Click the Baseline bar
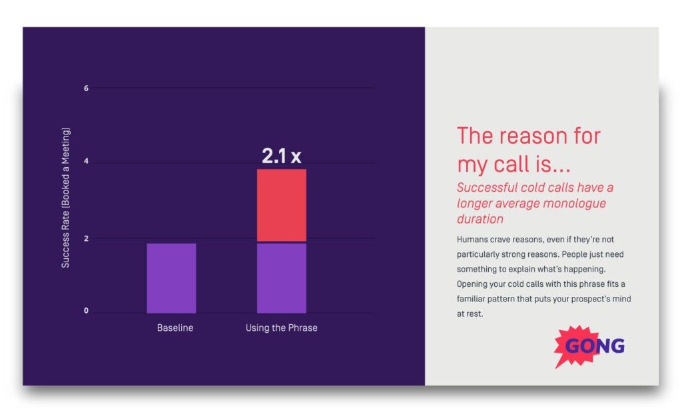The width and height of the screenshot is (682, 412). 171,278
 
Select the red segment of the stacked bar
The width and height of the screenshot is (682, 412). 281,204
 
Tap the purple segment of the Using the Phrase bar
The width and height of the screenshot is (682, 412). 281,278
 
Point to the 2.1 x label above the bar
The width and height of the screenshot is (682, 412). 281,156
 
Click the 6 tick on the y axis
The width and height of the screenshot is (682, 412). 86,89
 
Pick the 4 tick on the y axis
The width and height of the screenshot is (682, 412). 86,163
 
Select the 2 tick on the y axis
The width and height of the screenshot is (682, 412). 86,238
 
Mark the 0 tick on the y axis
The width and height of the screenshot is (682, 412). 86,311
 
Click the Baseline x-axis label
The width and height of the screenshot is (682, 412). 175,328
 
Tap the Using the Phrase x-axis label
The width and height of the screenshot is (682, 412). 281,328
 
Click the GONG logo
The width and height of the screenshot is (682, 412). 590,346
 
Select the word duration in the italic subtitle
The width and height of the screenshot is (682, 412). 480,219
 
